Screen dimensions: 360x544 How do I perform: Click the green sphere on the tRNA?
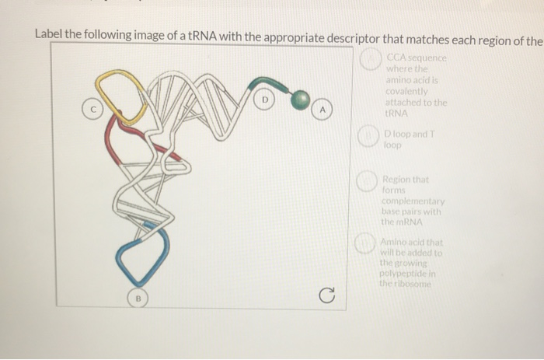300,99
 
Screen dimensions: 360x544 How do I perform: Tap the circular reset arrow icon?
329,295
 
